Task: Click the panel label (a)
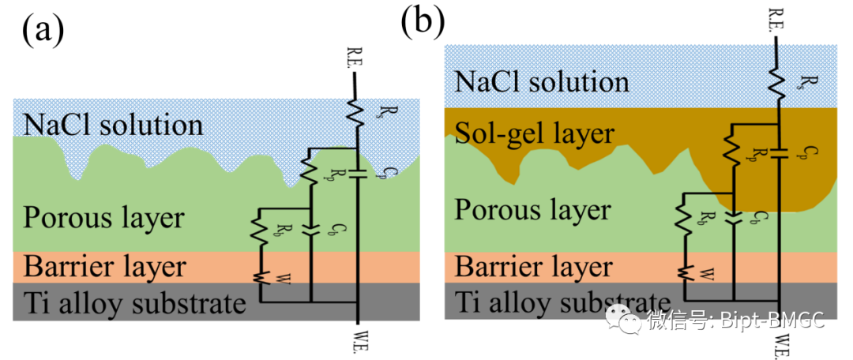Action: [x=42, y=32]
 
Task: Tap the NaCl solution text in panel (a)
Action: [x=113, y=125]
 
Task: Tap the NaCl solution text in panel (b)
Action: [x=540, y=81]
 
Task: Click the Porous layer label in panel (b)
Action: [x=532, y=210]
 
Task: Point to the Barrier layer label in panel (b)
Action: [x=533, y=266]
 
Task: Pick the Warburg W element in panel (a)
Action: [x=258, y=277]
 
